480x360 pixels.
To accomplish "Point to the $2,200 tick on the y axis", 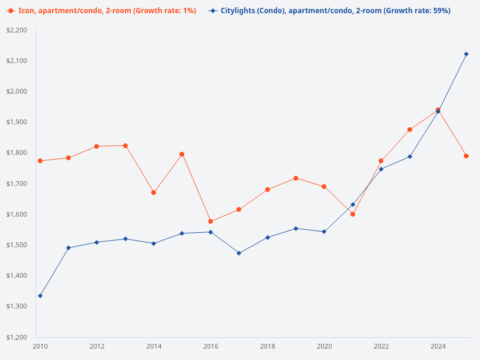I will click(17, 30).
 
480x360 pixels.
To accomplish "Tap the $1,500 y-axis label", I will click(17, 245).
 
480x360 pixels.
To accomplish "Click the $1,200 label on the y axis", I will click(17, 337).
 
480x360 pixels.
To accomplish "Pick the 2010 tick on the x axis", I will click(40, 346).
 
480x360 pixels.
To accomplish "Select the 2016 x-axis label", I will click(211, 346).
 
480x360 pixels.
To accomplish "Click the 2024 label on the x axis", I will click(438, 346).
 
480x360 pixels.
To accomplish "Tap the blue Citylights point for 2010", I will click(40, 296).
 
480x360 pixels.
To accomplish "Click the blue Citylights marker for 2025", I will click(466, 54).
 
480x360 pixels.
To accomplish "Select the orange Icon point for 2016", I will click(211, 221).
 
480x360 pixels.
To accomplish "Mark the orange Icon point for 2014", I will click(154, 193).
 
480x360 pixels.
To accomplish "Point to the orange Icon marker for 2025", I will click(466, 156).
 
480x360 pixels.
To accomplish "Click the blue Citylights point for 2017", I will click(239, 253).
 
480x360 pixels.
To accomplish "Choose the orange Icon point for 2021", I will click(353, 214).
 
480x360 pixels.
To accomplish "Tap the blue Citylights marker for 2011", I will click(68, 248).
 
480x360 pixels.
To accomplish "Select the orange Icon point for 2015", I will click(182, 154).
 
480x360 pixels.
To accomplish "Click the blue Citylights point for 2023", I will click(410, 157).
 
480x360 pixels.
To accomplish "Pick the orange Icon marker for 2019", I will click(296, 178).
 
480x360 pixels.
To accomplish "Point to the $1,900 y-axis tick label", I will click(17, 122).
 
